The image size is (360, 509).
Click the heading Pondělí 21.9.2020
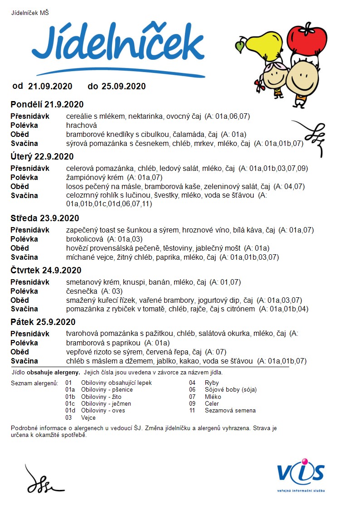tap(47, 105)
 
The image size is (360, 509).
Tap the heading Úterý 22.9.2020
tap(42, 157)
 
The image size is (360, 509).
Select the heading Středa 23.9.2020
tap(45, 218)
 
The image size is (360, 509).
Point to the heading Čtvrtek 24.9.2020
tap(46, 271)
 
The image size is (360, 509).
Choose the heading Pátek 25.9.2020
tap(43, 322)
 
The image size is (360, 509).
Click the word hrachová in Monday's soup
tap(82, 125)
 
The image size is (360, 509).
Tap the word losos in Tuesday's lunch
tap(74, 186)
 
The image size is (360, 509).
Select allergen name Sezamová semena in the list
tap(230, 411)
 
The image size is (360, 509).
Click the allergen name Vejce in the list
tap(88, 417)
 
